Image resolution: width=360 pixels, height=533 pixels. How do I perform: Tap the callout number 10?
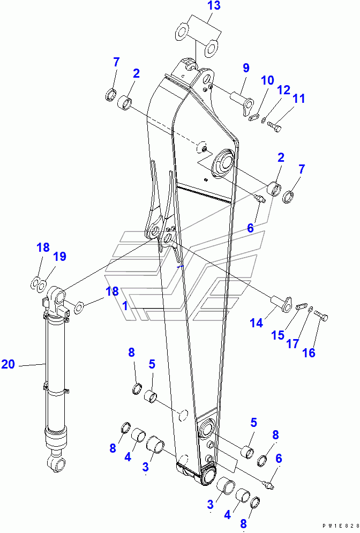(267, 80)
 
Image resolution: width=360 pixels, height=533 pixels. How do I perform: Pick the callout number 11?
(298, 99)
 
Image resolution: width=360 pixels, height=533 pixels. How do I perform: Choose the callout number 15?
(277, 335)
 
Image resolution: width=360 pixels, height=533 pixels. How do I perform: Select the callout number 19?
(59, 257)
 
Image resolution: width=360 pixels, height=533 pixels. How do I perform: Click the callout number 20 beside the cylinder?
(8, 364)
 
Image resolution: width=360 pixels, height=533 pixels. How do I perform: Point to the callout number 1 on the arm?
(124, 306)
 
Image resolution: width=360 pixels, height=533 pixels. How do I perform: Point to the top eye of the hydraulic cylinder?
(57, 294)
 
